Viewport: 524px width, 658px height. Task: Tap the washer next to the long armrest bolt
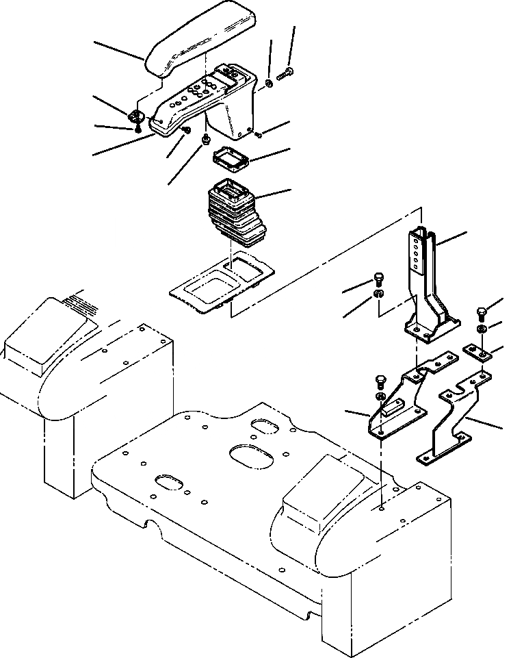[x=269, y=84]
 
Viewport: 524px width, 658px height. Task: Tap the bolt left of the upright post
[x=378, y=279]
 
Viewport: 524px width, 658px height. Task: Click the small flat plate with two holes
[x=479, y=352]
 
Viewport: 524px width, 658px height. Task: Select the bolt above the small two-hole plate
[x=480, y=315]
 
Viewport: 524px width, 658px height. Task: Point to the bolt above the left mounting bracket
[x=381, y=381]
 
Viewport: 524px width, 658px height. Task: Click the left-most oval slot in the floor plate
[x=169, y=482]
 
